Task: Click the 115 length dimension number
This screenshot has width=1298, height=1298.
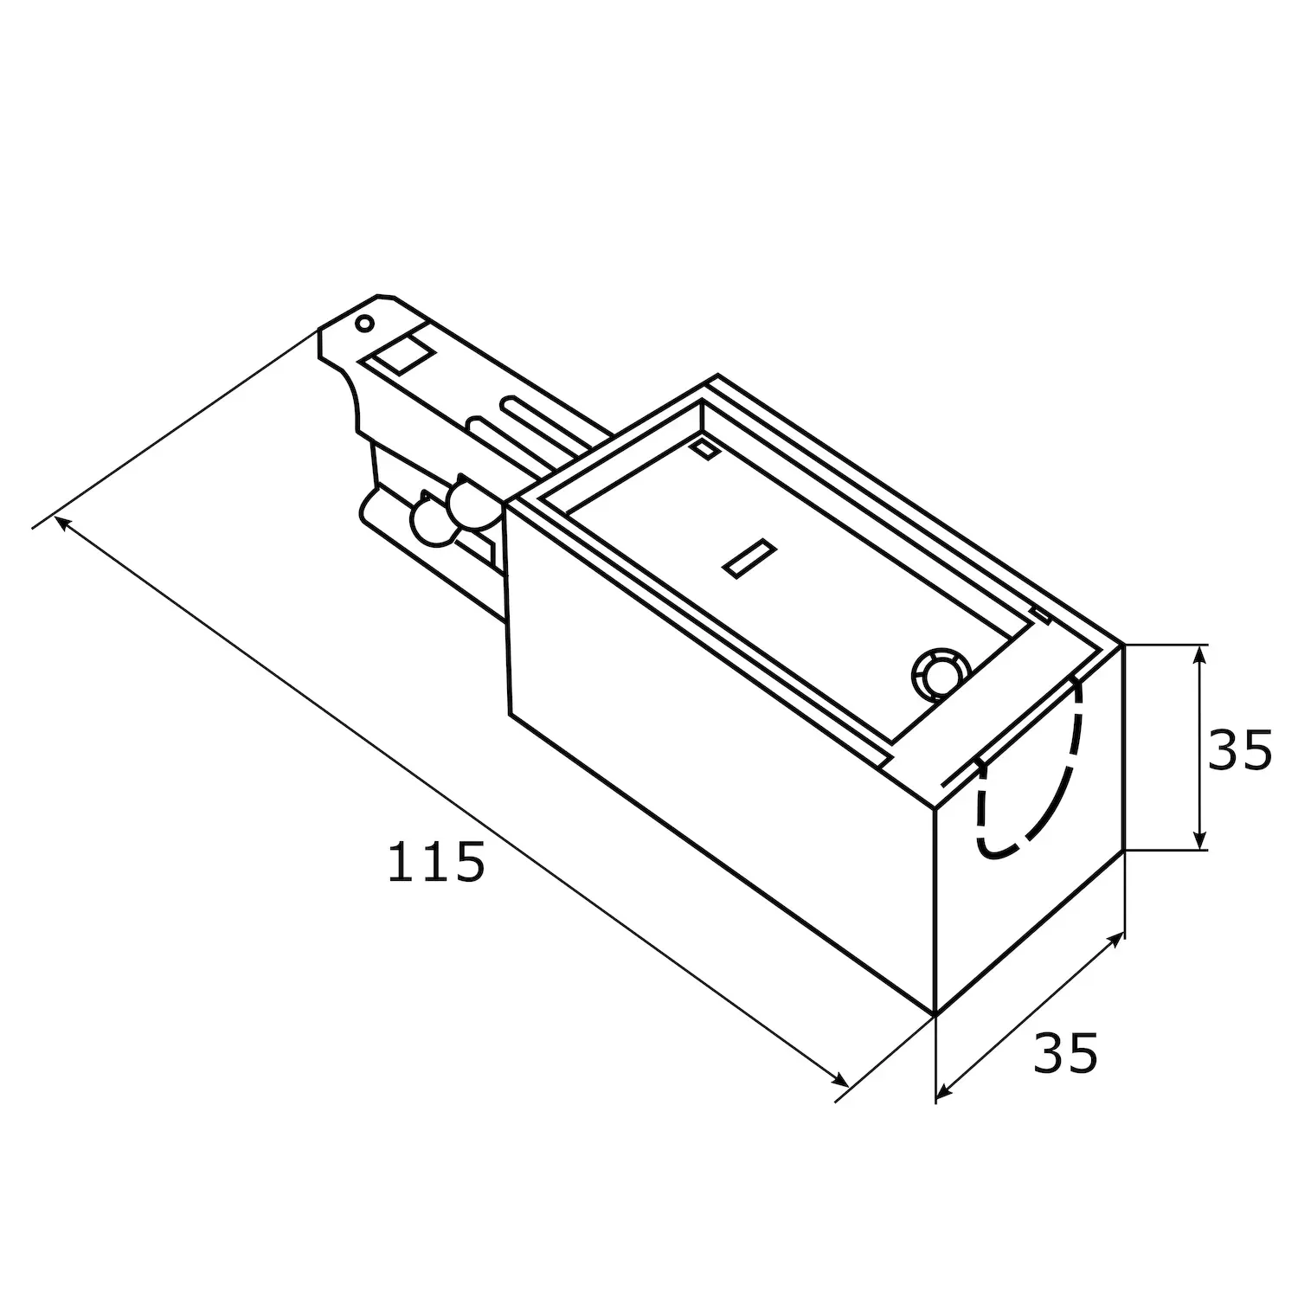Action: point(434,862)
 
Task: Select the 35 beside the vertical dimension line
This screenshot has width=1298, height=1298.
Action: point(1239,749)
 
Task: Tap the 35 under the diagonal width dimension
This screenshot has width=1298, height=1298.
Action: point(1065,1053)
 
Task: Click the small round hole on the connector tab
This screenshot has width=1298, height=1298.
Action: point(365,324)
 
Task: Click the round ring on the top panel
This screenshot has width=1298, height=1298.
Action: point(940,672)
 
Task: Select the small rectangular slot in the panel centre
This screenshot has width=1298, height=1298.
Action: point(749,558)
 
